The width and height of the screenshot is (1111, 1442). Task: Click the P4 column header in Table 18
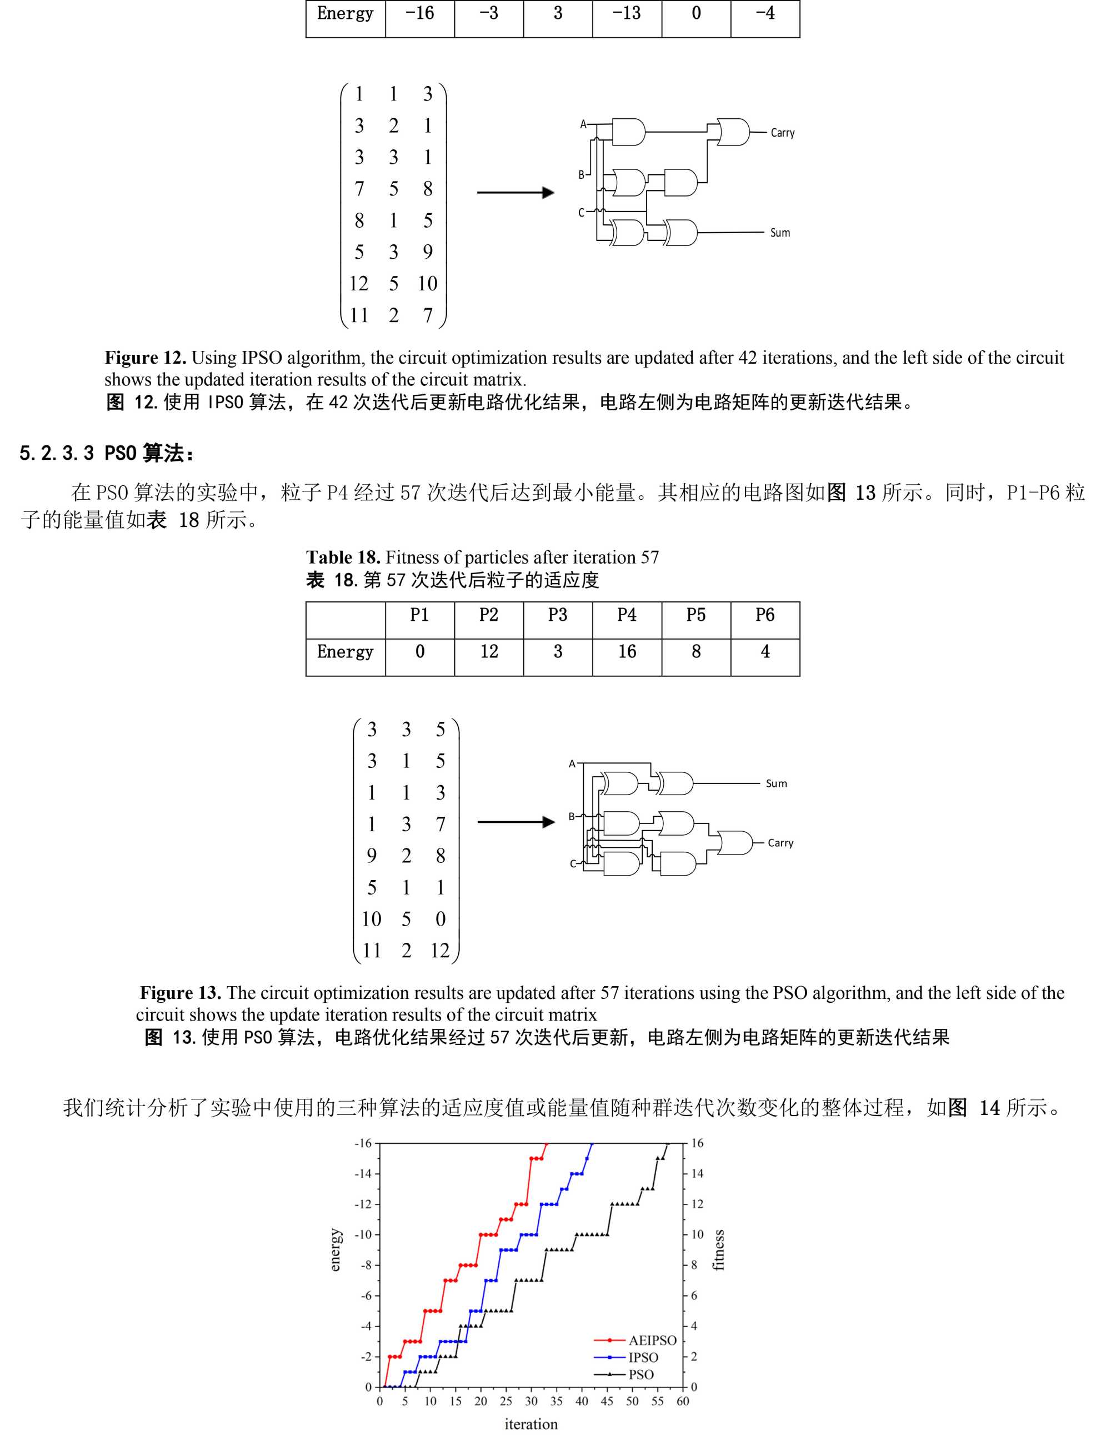point(626,615)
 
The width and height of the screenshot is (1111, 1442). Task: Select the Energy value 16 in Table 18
point(626,652)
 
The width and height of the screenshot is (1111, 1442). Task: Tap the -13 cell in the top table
point(626,13)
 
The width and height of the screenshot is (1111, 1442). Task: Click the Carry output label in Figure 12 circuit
point(782,133)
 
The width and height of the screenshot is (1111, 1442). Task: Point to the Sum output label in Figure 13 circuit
point(776,783)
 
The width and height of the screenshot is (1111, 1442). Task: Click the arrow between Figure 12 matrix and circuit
point(515,192)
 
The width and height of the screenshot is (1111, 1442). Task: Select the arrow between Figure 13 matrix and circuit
point(515,822)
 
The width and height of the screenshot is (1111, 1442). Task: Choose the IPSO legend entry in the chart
point(643,1358)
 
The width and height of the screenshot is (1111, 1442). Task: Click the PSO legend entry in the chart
point(640,1375)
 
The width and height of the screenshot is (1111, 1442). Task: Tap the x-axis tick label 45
point(607,1401)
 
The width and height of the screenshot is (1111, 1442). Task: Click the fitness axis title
point(719,1250)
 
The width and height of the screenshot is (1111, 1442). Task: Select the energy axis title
point(336,1250)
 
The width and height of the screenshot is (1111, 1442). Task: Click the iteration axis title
point(531,1424)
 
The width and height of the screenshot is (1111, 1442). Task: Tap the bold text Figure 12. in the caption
point(146,358)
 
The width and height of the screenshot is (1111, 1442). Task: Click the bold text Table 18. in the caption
point(343,557)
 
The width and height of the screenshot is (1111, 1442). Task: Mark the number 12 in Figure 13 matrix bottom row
point(440,951)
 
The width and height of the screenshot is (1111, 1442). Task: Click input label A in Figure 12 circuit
point(583,124)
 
